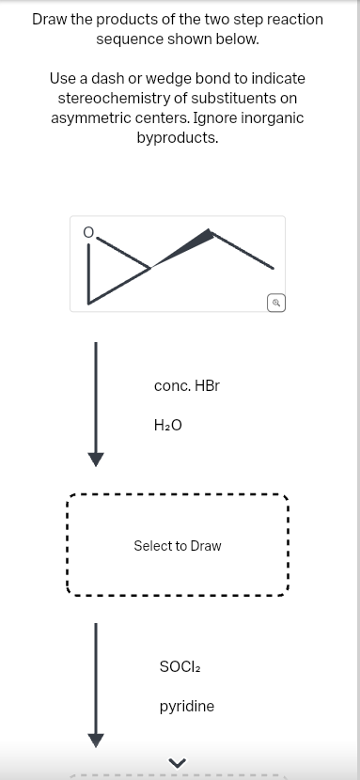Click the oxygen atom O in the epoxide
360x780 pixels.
(x=89, y=231)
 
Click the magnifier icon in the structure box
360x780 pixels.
(x=275, y=302)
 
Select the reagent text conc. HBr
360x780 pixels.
(x=186, y=385)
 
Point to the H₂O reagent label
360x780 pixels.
(x=167, y=425)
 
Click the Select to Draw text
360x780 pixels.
(x=178, y=546)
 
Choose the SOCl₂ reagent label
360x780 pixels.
(x=180, y=666)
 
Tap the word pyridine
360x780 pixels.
(x=186, y=706)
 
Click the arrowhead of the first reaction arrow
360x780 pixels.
(x=94, y=458)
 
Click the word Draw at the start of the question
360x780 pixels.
(x=51, y=19)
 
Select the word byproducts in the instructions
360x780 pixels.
(x=178, y=138)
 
